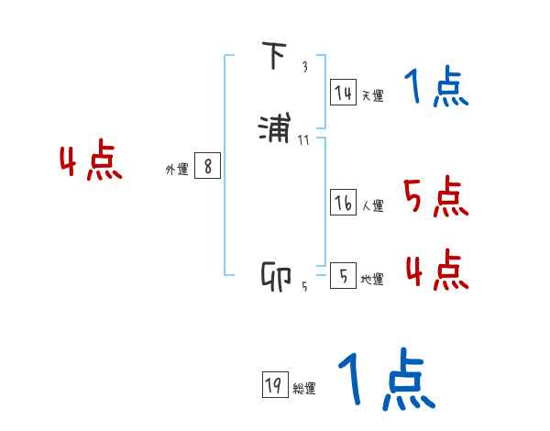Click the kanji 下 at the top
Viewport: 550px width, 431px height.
click(x=274, y=57)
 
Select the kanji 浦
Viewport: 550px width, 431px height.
click(x=276, y=129)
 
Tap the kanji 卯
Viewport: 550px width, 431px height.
click(x=276, y=277)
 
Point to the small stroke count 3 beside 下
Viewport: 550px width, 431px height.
click(x=304, y=67)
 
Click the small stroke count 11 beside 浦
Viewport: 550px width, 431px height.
click(x=304, y=139)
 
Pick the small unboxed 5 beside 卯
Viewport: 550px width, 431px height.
click(x=304, y=287)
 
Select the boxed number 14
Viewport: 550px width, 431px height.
click(x=343, y=93)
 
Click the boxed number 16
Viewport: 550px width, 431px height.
click(x=343, y=203)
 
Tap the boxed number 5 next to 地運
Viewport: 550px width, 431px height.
click(x=343, y=276)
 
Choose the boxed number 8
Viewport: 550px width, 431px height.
click(x=208, y=166)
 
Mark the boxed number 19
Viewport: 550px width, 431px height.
click(x=273, y=386)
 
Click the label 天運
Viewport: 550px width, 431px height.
click(x=372, y=96)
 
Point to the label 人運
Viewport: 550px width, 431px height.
click(x=372, y=206)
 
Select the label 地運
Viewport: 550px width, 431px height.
click(x=372, y=280)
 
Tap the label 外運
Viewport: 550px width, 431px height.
click(x=177, y=170)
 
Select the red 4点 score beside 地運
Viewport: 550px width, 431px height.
click(x=436, y=270)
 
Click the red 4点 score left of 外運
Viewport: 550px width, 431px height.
click(x=91, y=162)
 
